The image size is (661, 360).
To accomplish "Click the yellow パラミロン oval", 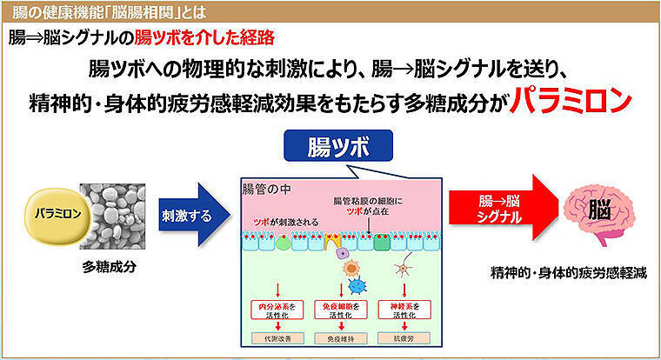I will [x=44, y=213].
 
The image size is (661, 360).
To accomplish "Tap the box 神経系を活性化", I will [x=404, y=310].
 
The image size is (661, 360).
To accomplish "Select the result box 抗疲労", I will [x=404, y=337].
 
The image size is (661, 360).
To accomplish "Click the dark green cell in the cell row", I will [x=382, y=241].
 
